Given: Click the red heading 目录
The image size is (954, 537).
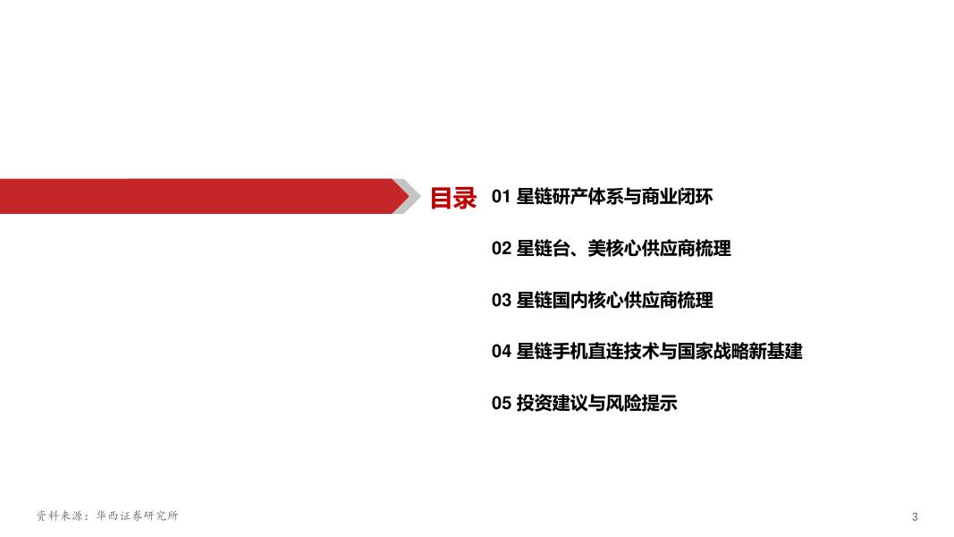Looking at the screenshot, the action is pos(453,197).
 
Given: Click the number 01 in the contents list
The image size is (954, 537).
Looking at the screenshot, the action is pos(501,197).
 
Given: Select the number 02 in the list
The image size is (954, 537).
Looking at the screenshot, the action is pos(501,249).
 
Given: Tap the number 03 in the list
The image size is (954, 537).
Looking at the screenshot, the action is pos(501,301).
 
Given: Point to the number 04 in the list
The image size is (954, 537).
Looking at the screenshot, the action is pos(501,352).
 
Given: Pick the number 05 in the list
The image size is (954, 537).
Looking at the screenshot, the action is pos(501,404).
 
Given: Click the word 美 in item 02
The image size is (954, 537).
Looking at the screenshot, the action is pos(597,249).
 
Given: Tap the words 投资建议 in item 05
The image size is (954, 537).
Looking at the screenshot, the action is pos(553,404).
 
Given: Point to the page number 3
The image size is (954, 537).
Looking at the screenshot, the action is pos(915,517).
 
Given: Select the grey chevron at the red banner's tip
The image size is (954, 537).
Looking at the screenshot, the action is pos(409,197).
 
